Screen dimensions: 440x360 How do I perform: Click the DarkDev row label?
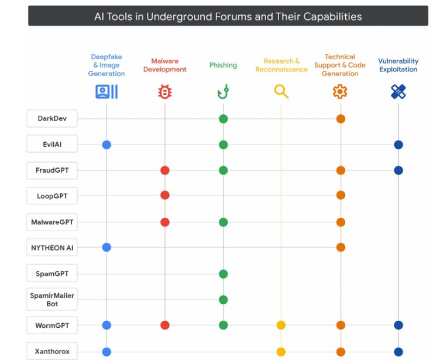[52, 118]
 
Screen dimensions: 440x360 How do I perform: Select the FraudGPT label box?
[52, 170]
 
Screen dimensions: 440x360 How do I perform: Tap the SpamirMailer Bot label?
[52, 299]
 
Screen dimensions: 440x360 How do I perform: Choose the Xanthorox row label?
[52, 351]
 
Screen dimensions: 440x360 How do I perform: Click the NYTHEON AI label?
[52, 248]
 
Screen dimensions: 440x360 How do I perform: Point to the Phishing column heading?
[223, 65]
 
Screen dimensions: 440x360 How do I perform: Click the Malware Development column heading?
[165, 65]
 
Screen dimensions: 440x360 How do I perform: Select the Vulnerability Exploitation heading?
[398, 65]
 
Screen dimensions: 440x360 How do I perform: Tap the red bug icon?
[165, 92]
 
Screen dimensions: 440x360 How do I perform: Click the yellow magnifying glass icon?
[281, 91]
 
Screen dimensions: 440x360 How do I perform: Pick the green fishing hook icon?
[223, 91]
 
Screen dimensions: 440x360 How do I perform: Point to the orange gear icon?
[340, 91]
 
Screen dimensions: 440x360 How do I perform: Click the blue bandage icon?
[398, 91]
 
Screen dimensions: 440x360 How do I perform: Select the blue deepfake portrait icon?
[106, 91]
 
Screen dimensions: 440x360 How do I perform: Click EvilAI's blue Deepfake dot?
[106, 145]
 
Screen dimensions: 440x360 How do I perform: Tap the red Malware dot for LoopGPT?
[165, 195]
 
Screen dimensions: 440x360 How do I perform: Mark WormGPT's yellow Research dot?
[281, 325]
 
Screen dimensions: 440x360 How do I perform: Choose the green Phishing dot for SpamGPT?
[223, 274]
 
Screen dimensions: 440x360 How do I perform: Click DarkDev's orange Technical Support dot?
[341, 119]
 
